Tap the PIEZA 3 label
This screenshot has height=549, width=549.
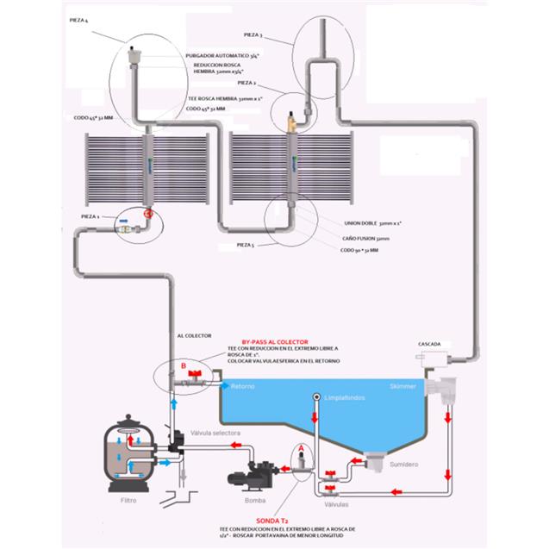pos(253,35)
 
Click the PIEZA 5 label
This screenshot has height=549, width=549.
pos(247,245)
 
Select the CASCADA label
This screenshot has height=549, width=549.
pos(430,342)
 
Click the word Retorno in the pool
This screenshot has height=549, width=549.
pos(242,387)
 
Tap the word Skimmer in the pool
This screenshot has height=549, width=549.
pos(402,387)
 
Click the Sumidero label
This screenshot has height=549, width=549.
pos(405,463)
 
